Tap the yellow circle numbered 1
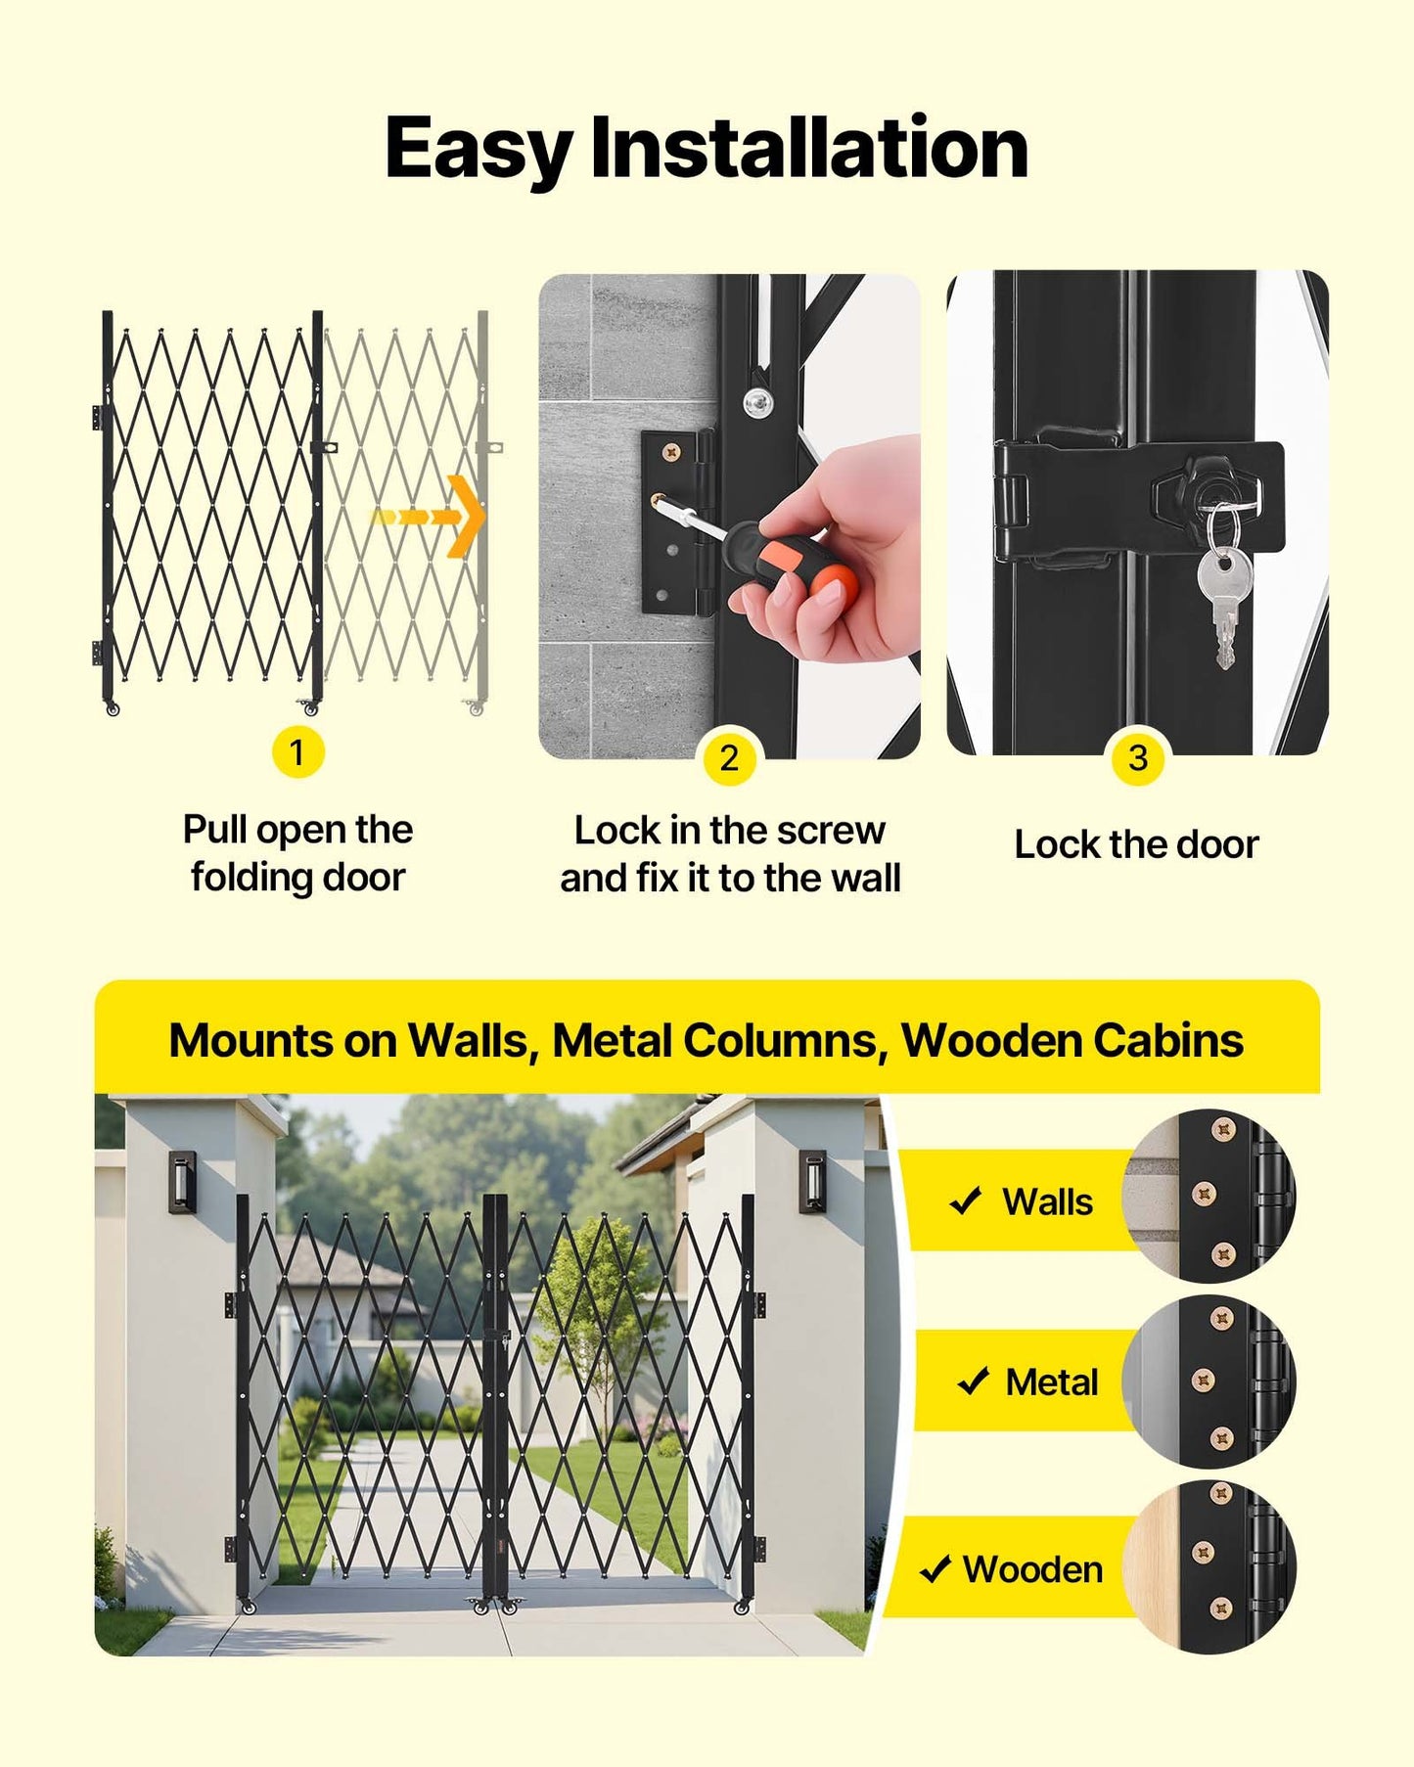coord(297,752)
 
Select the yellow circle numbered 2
coord(729,758)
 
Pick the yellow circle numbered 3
coord(1137,758)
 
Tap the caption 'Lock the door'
coord(1136,844)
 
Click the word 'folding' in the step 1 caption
coord(251,878)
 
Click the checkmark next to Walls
coord(966,1201)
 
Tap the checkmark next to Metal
coord(973,1381)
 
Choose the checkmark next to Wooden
coord(935,1568)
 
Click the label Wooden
coord(1032,1569)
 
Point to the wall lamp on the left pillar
coord(182,1181)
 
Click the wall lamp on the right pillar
coord(812,1180)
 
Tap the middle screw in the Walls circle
coord(1204,1194)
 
